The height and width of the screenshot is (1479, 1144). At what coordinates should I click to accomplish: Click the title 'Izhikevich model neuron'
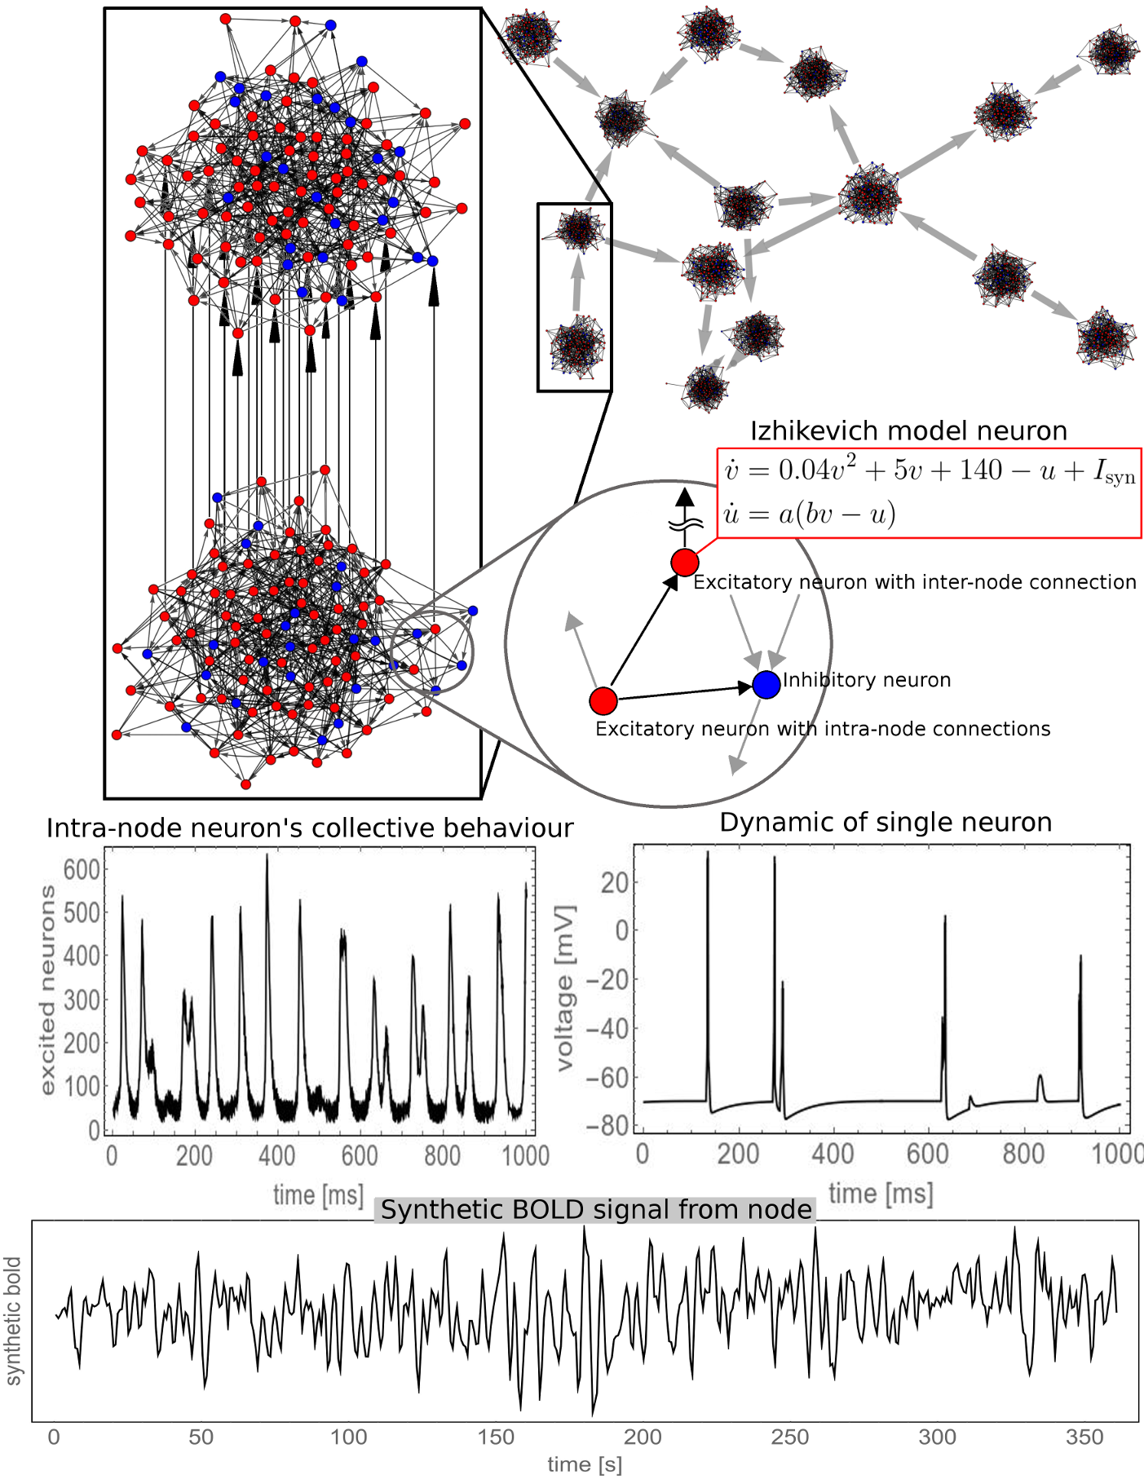tap(908, 430)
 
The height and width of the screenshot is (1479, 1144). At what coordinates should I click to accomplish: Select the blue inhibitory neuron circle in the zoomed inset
tap(766, 684)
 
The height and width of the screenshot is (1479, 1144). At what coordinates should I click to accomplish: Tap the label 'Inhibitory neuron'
tap(867, 680)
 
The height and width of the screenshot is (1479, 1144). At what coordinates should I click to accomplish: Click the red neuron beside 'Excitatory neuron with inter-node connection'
tap(685, 562)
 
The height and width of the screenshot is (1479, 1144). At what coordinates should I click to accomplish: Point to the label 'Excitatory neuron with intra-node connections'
tap(823, 729)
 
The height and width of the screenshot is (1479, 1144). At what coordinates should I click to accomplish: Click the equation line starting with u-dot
tap(810, 514)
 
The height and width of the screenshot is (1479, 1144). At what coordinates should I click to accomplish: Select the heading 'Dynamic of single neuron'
tap(886, 822)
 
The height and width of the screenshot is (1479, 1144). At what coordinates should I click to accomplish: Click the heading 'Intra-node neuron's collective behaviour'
tap(310, 828)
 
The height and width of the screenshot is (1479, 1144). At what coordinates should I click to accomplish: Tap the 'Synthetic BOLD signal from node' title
tap(596, 1210)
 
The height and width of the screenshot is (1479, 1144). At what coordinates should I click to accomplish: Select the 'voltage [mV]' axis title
tap(565, 987)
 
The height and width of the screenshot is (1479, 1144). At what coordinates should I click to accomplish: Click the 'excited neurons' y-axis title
tap(47, 990)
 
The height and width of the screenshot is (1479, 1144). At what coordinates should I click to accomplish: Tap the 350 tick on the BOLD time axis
tap(1084, 1437)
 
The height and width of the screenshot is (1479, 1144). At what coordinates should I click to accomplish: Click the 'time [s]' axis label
tap(585, 1464)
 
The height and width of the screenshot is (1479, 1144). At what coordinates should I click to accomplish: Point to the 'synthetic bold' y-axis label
tap(13, 1321)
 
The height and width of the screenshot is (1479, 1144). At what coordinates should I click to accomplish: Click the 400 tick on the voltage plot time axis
tap(832, 1154)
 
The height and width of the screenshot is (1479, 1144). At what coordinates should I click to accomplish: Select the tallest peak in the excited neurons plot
tap(267, 856)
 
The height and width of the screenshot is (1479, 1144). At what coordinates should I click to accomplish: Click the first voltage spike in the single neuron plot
tap(707, 853)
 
